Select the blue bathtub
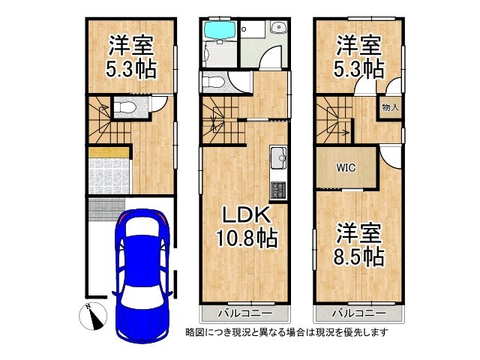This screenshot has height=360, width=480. click(x=220, y=31)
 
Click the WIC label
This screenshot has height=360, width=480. click(x=345, y=168)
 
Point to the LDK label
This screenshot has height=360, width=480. click(x=244, y=215)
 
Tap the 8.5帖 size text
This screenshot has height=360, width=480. click(x=358, y=256)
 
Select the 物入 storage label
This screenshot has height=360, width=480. click(x=390, y=107)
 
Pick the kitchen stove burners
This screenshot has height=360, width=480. click(x=277, y=190)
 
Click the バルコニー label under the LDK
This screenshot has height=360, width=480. click(x=244, y=311)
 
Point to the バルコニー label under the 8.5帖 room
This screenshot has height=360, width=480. click(x=358, y=311)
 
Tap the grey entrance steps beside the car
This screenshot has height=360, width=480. click(x=104, y=209)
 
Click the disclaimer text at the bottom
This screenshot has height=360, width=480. click(x=286, y=331)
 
